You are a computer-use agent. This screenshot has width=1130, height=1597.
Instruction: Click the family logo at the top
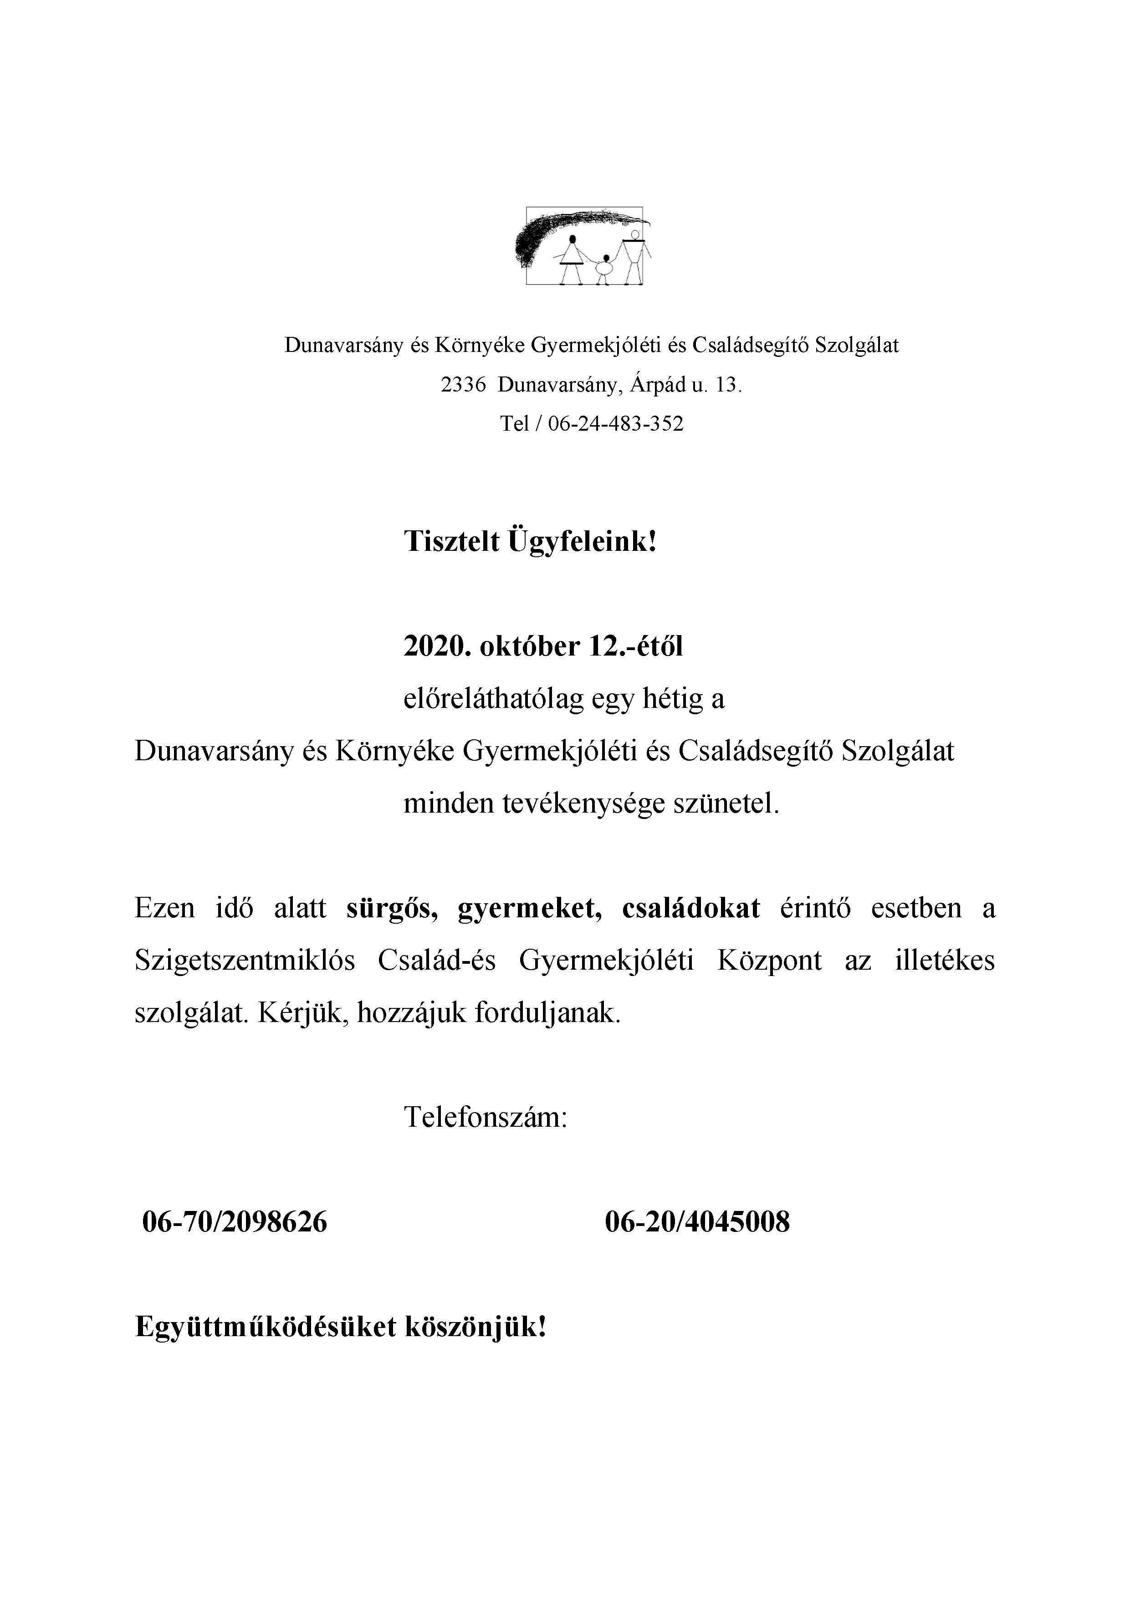click(x=584, y=245)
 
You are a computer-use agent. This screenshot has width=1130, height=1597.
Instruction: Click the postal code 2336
click(x=463, y=385)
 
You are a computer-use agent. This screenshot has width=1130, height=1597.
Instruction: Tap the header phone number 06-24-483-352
click(x=616, y=423)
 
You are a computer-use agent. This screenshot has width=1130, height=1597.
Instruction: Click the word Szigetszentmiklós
click(x=245, y=961)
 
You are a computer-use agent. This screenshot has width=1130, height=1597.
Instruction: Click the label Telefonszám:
click(x=486, y=1118)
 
